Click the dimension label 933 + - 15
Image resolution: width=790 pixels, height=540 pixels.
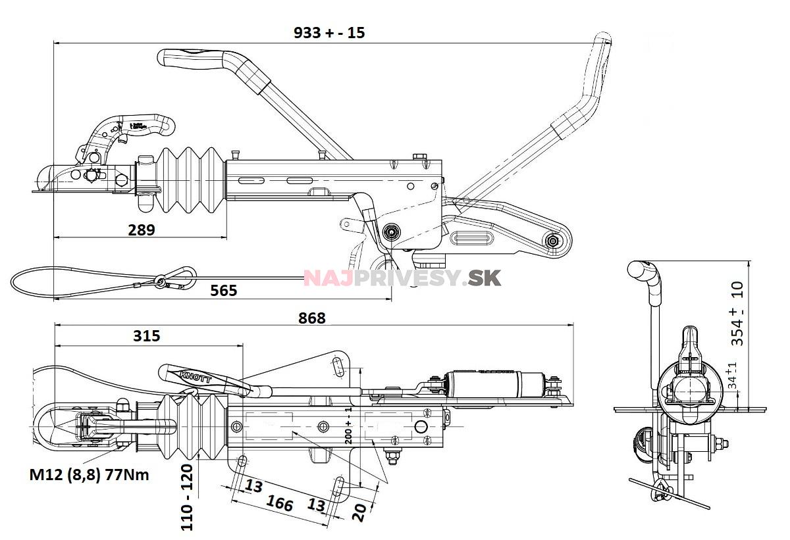[x=329, y=33]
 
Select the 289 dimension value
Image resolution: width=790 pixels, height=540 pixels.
[x=142, y=230]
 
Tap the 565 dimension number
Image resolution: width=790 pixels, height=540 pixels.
[x=224, y=290]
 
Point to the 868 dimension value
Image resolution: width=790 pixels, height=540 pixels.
[x=311, y=318]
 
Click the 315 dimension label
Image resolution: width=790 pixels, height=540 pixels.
[x=146, y=336]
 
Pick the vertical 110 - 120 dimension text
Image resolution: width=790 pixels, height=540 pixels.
[x=187, y=497]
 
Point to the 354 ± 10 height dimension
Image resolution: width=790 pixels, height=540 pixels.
[x=738, y=314]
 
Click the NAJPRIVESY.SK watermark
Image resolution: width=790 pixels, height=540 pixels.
[x=402, y=278]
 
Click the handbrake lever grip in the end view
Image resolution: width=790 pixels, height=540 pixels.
[x=642, y=270]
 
